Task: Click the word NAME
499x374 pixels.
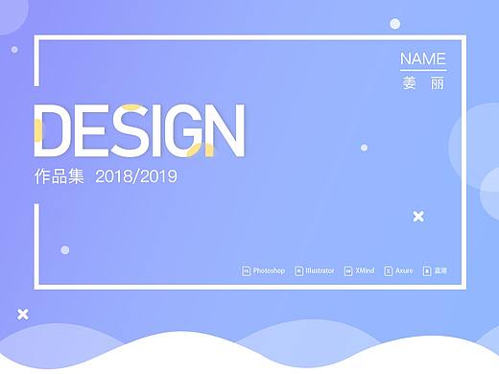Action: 422,58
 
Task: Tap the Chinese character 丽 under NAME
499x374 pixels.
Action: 438,83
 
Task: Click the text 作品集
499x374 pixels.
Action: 59,177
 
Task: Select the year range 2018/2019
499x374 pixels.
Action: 137,177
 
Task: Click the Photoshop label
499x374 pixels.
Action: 270,271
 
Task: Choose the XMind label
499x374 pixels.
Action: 365,271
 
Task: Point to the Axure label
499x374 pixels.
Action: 404,271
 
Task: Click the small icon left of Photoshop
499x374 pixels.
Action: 246,271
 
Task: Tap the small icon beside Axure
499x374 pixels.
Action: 388,271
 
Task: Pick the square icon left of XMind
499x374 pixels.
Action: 347,271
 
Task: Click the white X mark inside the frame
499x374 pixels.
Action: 418,217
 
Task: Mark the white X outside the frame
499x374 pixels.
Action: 23,314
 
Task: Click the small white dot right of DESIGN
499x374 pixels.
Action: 364,148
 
